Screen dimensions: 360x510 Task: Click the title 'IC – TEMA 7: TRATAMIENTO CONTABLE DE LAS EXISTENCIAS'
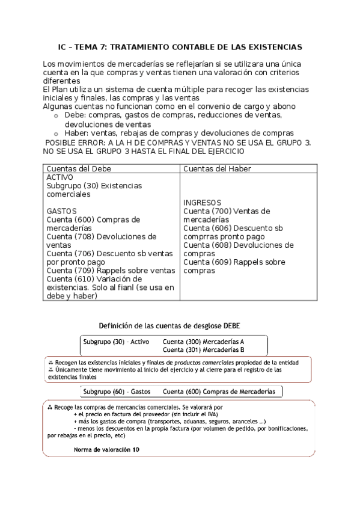180,46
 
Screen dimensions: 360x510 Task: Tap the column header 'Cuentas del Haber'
218,168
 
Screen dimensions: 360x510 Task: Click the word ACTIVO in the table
59,177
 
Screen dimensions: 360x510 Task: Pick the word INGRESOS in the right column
203,203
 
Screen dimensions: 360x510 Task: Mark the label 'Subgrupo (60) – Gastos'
117,392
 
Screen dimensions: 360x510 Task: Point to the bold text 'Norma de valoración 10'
106,449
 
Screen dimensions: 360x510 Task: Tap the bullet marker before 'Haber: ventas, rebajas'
56,134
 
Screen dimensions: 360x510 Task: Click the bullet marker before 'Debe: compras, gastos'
56,116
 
